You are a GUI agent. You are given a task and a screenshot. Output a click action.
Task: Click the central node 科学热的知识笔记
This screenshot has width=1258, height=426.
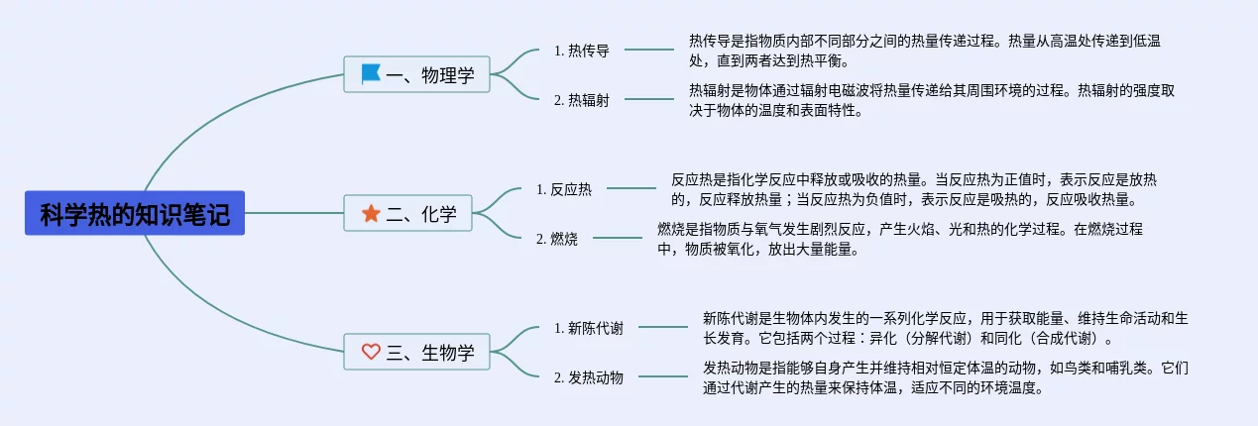tap(135, 213)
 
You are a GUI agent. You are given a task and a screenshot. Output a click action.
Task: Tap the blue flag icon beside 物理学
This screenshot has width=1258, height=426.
tap(371, 74)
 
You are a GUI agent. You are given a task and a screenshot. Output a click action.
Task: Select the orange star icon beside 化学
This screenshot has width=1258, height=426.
tap(371, 213)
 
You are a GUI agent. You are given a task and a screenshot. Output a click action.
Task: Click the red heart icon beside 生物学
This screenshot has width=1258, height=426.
tap(371, 352)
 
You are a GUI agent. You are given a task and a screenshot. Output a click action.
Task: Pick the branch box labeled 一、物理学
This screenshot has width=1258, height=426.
tap(416, 74)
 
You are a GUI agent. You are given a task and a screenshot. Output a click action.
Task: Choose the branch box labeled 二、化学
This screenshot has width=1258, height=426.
tap(407, 213)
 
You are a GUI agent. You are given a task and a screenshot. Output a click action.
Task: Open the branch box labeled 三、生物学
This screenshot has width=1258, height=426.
tap(416, 352)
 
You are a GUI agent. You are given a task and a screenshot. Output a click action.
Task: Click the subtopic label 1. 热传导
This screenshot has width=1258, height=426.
tap(581, 51)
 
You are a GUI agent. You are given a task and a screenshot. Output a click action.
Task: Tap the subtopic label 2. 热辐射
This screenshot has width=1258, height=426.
tap(581, 100)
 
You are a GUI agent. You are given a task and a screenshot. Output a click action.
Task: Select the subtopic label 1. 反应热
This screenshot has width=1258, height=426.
tap(564, 189)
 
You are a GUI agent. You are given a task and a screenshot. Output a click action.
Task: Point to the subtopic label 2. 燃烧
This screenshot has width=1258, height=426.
tap(556, 239)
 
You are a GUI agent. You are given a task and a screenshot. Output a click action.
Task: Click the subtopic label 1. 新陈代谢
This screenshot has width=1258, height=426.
tap(589, 328)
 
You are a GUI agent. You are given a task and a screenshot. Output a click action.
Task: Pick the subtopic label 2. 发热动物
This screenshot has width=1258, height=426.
tap(589, 377)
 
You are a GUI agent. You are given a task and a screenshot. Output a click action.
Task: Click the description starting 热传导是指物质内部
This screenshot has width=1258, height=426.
tap(924, 51)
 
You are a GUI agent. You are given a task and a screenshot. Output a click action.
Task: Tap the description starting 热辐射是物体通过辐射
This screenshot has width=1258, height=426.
tap(932, 100)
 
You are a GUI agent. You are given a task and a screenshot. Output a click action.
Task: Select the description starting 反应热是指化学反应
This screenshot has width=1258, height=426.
tap(914, 189)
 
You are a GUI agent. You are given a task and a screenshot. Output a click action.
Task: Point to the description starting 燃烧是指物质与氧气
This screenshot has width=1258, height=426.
tap(900, 239)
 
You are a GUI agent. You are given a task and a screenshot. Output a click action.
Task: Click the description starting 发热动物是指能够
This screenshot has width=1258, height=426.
tap(945, 377)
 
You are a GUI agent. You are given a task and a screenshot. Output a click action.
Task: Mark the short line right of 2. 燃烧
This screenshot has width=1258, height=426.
tap(618, 238)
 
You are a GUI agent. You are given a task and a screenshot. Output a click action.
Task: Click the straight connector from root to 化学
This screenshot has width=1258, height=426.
tap(294, 213)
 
